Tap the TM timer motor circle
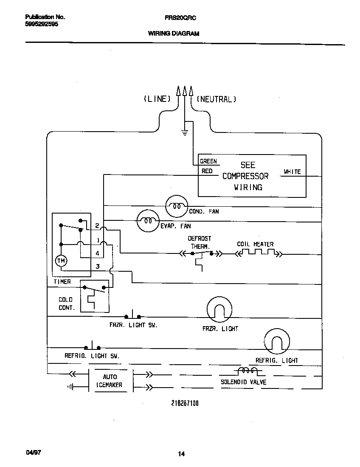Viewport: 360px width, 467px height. point(61,261)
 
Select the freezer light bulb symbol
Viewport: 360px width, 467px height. point(219,309)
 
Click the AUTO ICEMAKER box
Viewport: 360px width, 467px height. point(110,380)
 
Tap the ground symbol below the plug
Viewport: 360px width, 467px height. point(184,133)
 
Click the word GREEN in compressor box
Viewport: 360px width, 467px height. point(208,161)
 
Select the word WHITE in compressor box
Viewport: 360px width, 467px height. point(292,172)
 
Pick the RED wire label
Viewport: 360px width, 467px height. point(207,171)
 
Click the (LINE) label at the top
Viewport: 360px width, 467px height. point(157,99)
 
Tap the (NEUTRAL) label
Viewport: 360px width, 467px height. point(216,99)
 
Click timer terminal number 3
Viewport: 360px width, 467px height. point(97,267)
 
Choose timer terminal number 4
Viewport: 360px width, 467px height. point(97,253)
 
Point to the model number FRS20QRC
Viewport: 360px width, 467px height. point(180,18)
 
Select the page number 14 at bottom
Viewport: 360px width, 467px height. point(181,454)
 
